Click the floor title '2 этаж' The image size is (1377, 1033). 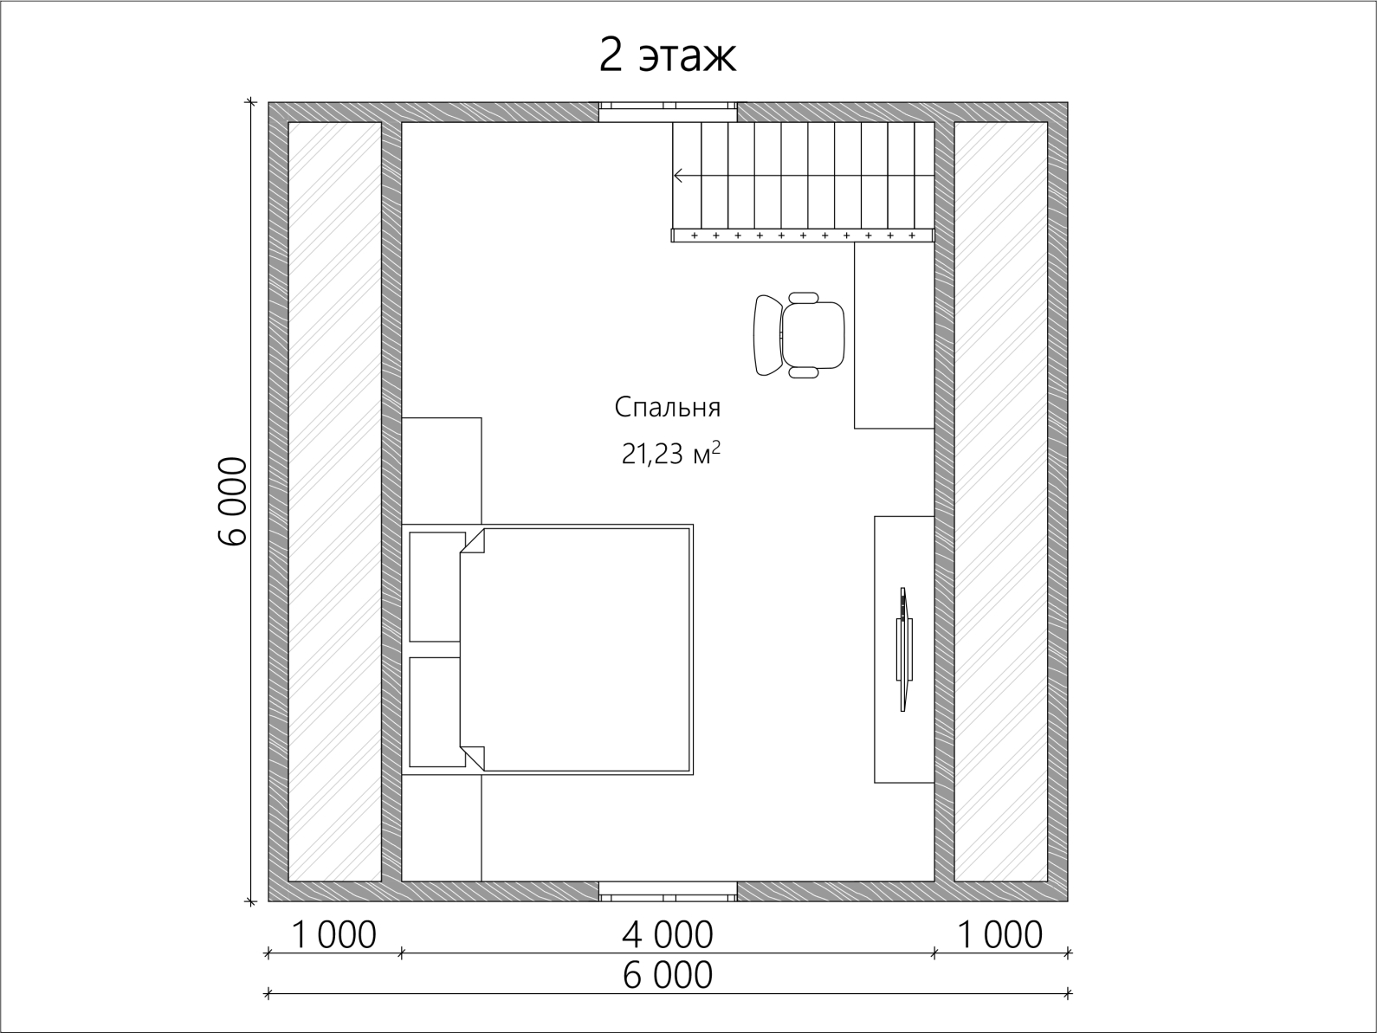coord(668,56)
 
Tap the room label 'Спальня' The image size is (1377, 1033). coord(668,408)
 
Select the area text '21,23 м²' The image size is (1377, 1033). coord(670,453)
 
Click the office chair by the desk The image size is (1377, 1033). coord(798,335)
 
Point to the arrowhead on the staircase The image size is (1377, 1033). coord(677,176)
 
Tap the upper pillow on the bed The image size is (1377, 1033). coord(436,586)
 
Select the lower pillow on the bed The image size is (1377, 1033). coord(436,712)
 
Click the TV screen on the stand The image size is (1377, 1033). coord(903,649)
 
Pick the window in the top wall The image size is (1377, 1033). coord(668,112)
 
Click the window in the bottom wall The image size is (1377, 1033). coord(668,891)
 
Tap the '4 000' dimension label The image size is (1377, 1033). coord(668,935)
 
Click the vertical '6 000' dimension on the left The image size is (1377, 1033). coord(233,501)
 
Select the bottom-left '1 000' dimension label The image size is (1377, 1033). coord(333,935)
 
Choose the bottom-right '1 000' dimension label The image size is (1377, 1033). coord(1000,935)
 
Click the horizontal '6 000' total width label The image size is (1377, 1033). coord(668,975)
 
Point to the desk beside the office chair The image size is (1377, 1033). coord(894,335)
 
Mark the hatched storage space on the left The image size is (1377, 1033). coord(335,501)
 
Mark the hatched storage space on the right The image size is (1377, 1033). coord(1000,501)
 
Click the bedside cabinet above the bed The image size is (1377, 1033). coord(442,470)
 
